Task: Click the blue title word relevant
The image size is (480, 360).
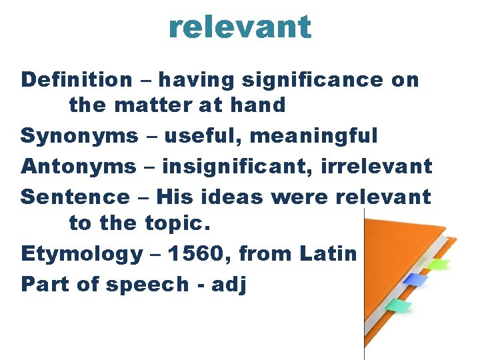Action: pyautogui.click(x=240, y=27)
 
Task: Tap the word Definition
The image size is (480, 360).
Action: pyautogui.click(x=77, y=80)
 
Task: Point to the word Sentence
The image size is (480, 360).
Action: pyautogui.click(x=75, y=197)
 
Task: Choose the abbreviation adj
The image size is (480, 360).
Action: pyautogui.click(x=229, y=285)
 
